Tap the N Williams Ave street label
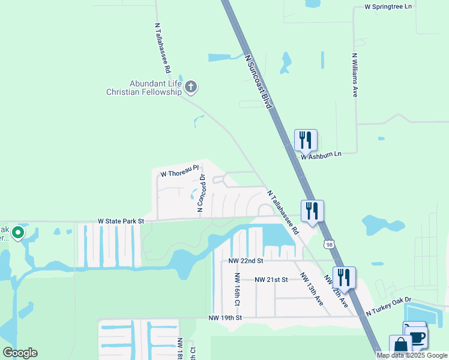pos(355,75)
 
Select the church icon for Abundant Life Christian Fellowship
pos(191,88)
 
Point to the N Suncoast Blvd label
pos(259,81)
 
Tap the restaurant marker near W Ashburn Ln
pos(306,140)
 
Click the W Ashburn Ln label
pos(321,155)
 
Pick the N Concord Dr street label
pos(202,193)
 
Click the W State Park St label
pos(121,221)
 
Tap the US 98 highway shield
pos(328,244)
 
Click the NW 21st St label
pos(271,280)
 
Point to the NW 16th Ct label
pos(238,292)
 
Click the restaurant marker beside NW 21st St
pos(344,278)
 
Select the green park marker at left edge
pos(18,232)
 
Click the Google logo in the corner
pos(20,353)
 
